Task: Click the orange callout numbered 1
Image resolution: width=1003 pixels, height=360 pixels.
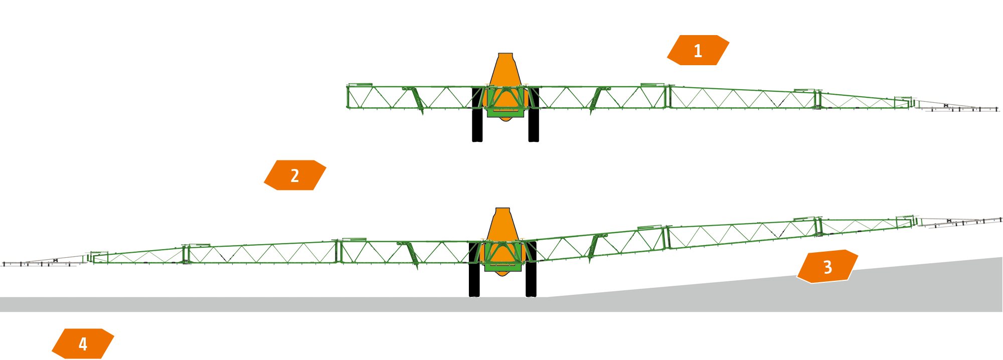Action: coord(698,50)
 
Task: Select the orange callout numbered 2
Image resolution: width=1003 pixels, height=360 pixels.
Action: coord(295,175)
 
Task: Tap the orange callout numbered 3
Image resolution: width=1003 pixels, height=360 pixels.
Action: coord(827,267)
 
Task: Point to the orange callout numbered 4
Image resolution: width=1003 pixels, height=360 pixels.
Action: coord(83,343)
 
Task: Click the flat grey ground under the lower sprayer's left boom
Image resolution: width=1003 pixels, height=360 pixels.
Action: coord(201,304)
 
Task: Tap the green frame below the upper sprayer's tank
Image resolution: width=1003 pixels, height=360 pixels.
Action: coord(506,113)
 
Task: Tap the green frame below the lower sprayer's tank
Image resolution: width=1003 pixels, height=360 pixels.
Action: coord(503,267)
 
